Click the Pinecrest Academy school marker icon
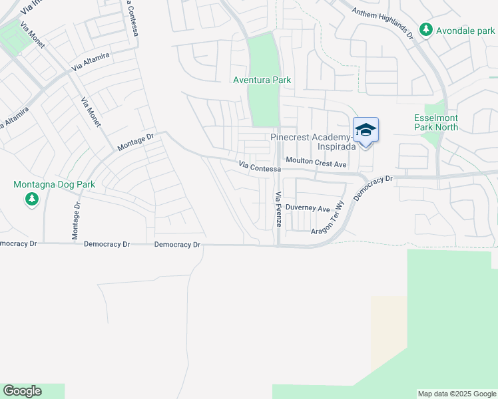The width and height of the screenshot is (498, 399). pyautogui.click(x=366, y=130)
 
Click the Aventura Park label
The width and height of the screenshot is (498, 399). pyautogui.click(x=262, y=80)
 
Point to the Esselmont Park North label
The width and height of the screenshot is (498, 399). pyautogui.click(x=436, y=122)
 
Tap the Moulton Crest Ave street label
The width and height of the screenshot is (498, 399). pyautogui.click(x=316, y=163)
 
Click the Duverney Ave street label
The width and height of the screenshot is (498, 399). pyautogui.click(x=308, y=208)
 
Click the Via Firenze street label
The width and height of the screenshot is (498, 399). pyautogui.click(x=278, y=209)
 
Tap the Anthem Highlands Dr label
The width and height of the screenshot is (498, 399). pyautogui.click(x=383, y=22)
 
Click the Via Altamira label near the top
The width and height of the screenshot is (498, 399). pyautogui.click(x=91, y=61)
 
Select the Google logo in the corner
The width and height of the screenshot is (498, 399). pyautogui.click(x=22, y=391)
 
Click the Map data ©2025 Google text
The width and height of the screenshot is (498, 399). pyautogui.click(x=457, y=394)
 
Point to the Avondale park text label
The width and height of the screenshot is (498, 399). pyautogui.click(x=465, y=30)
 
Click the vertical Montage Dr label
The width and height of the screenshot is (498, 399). pyautogui.click(x=75, y=221)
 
